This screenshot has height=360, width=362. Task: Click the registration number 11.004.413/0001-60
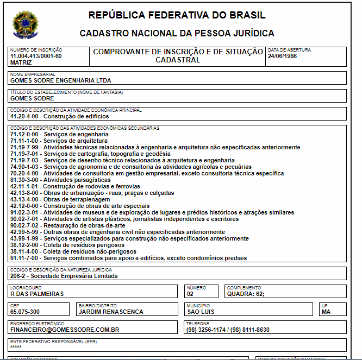tap(36, 56)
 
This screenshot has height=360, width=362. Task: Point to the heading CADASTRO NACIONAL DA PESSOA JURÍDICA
tap(177, 34)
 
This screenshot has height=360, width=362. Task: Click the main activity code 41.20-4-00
tap(26, 116)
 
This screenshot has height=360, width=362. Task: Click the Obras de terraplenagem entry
tap(60, 199)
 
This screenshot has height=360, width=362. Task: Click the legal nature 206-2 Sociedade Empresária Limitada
tap(64, 276)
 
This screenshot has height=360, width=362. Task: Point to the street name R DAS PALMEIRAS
tap(37, 294)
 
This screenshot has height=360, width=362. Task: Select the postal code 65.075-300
tap(25, 312)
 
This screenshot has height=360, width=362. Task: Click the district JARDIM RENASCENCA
tap(111, 312)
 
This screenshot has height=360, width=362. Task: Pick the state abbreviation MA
tap(326, 312)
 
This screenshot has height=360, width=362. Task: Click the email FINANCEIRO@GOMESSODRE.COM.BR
tap(65, 330)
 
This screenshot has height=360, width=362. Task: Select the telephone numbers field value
tap(227, 330)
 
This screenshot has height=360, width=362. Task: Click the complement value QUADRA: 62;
tap(246, 294)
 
